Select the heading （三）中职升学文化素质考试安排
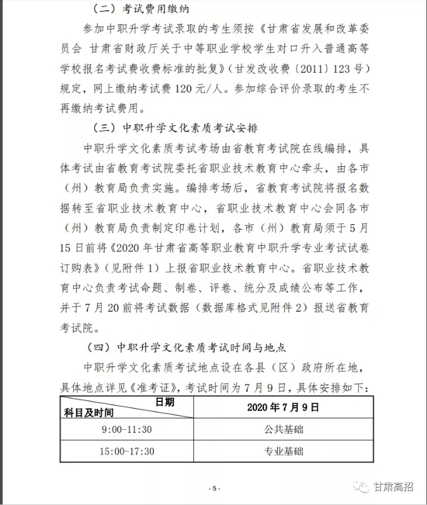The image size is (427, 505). tap(175, 128)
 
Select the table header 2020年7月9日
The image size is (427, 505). tap(283, 408)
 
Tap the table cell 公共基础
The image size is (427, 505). tap(283, 430)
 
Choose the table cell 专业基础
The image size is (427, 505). tap(283, 451)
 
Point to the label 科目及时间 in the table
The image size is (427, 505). tap(88, 413)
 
